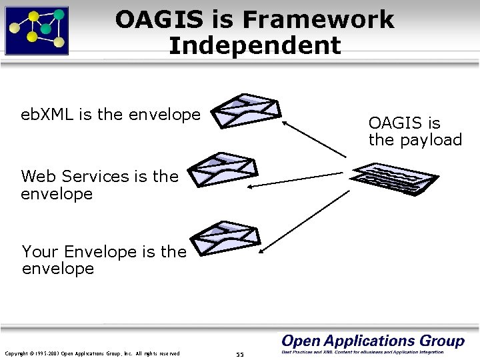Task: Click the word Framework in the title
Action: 318,20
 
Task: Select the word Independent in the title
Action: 255,46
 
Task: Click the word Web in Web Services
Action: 37,177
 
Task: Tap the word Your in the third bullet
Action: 37,252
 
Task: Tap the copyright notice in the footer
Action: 92,353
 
